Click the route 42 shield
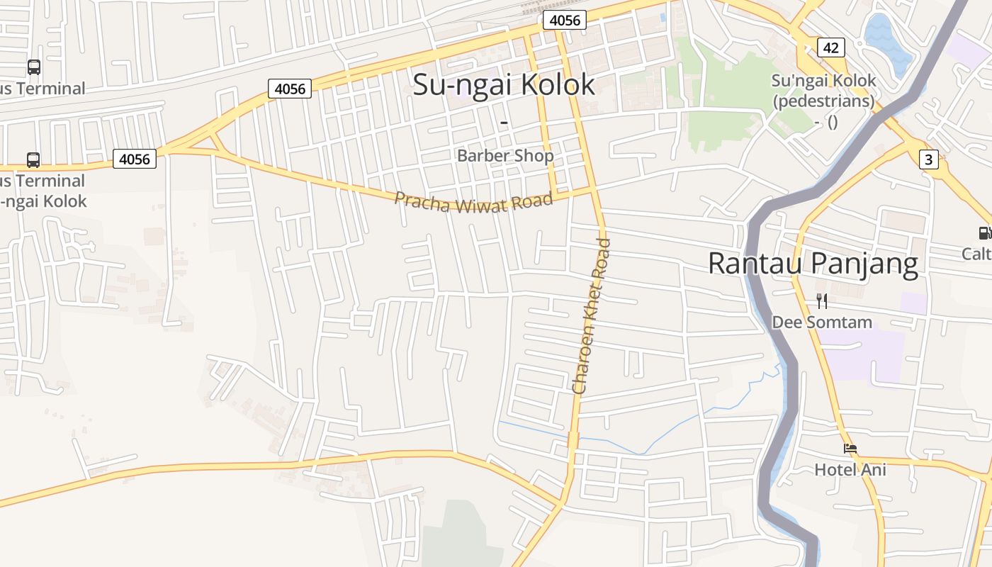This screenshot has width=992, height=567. point(830,47)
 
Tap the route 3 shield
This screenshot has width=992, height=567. point(929,159)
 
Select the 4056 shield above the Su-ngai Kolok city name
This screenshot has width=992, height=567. point(565,20)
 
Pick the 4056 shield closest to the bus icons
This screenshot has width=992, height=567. point(135,159)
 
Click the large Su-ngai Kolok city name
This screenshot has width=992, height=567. point(504,84)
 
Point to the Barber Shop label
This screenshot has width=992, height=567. point(505,155)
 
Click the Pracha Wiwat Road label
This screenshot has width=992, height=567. point(473,203)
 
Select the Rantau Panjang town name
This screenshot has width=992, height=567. point(813,263)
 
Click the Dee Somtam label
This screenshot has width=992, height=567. point(822,322)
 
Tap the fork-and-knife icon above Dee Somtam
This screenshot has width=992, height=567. point(822,301)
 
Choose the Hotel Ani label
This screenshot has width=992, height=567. point(850,469)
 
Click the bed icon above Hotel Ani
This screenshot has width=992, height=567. point(850,449)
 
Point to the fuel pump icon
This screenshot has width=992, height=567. point(984,232)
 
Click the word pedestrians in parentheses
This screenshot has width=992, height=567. point(823,101)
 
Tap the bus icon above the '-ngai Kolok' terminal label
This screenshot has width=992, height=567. point(33,159)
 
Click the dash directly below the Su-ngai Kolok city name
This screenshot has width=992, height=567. point(505,123)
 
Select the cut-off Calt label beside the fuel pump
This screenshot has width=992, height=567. point(977,253)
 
